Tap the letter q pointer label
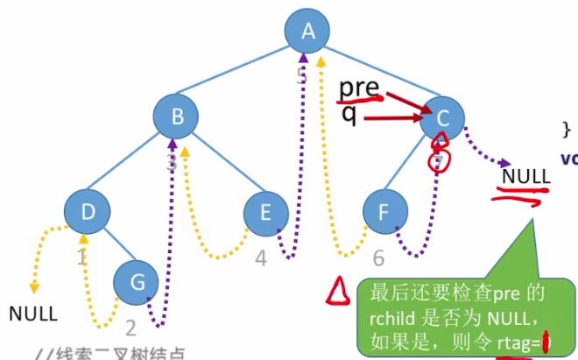click(x=349, y=114)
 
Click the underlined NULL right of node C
click(x=526, y=175)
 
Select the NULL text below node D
click(x=33, y=313)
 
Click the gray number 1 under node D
click(x=81, y=258)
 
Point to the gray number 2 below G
click(x=130, y=328)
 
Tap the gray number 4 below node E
click(x=261, y=259)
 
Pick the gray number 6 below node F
click(x=378, y=258)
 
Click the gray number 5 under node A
click(x=302, y=76)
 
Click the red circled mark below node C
click(x=441, y=158)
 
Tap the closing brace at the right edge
click(x=566, y=129)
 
